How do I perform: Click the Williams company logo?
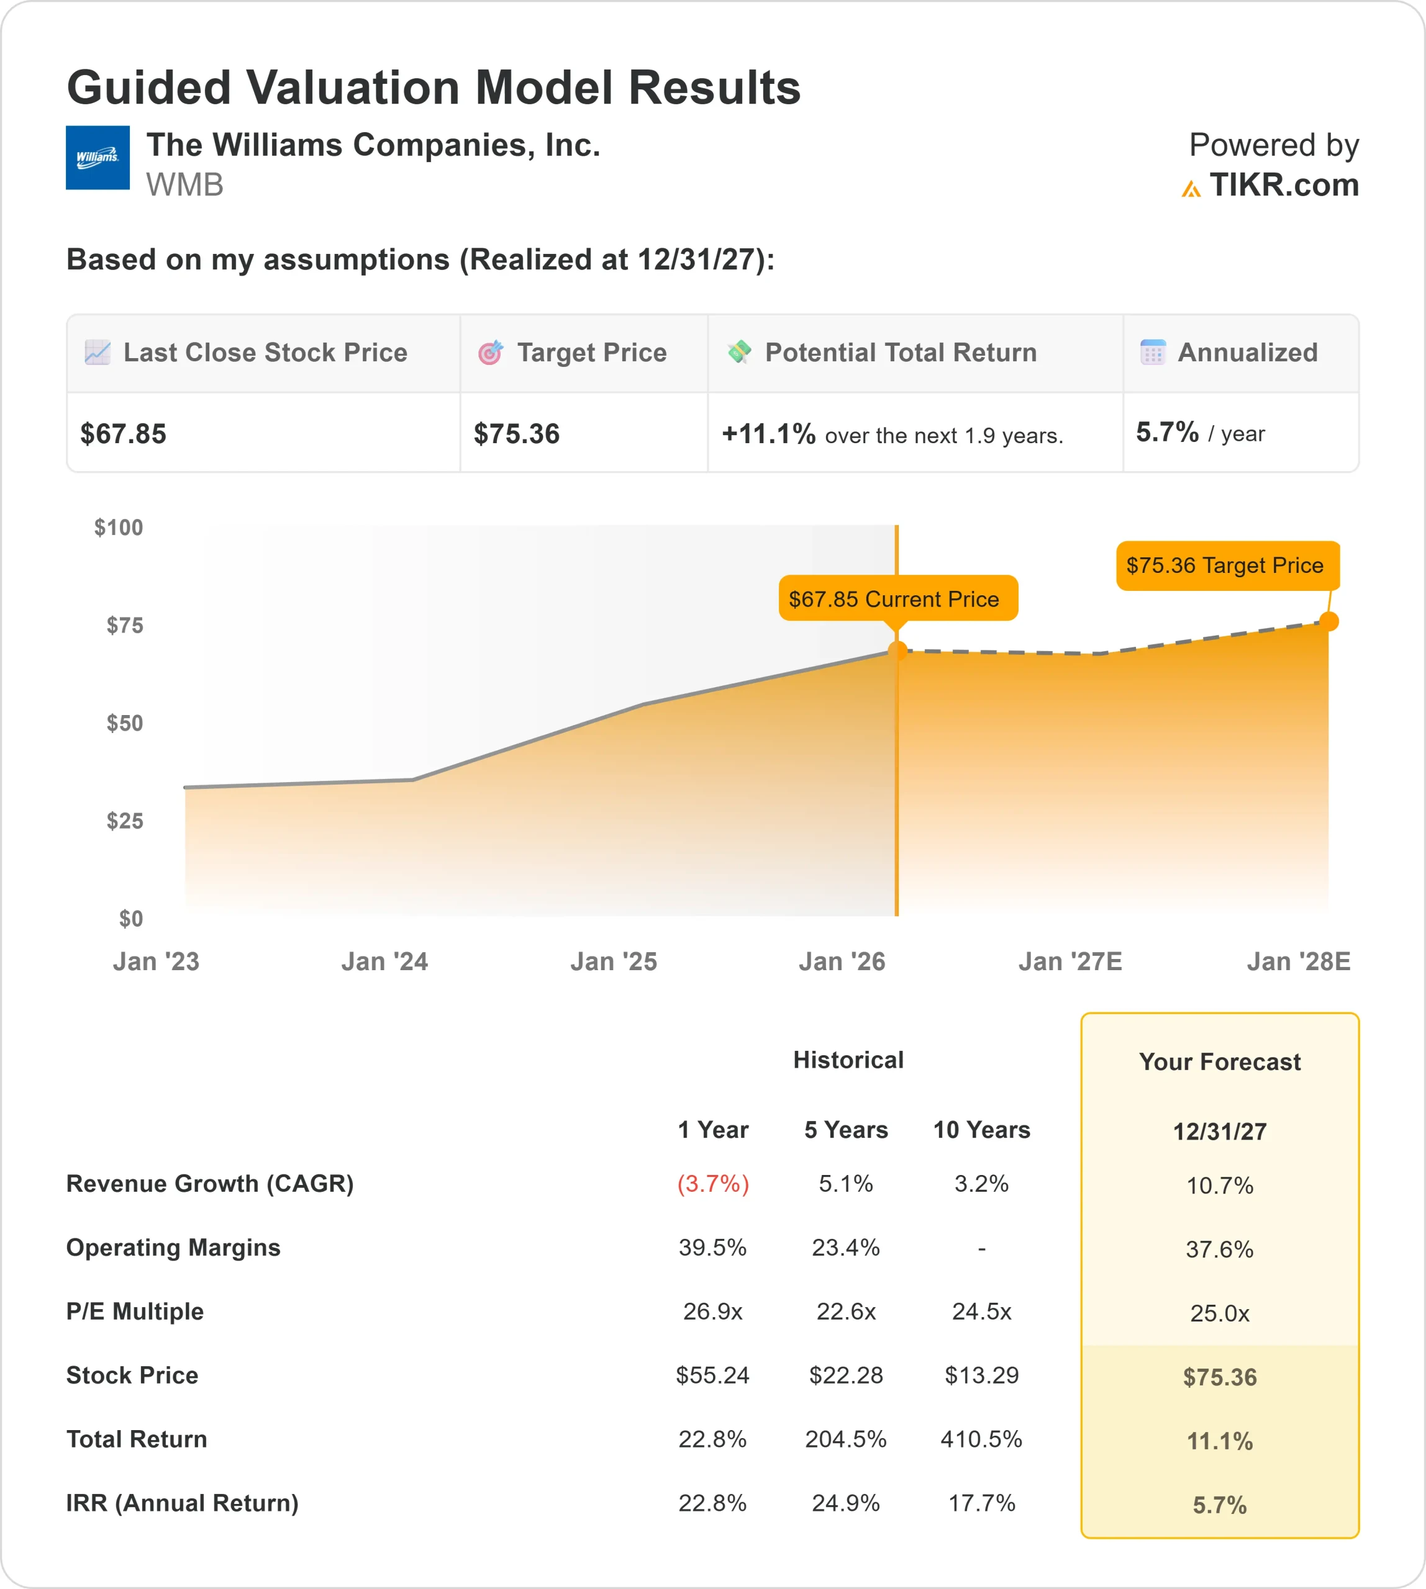(x=97, y=158)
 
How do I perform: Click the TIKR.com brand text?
(x=1283, y=186)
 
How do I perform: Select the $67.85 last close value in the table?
(x=123, y=434)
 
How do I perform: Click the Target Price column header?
(x=591, y=353)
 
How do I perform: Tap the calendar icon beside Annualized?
(x=1153, y=353)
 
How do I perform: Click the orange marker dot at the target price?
(x=1329, y=621)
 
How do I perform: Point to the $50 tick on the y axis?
(x=125, y=723)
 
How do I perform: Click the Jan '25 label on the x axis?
(x=614, y=961)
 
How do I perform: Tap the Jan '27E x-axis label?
(x=1069, y=961)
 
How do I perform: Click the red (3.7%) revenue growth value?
(x=712, y=1183)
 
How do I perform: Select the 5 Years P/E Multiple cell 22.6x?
(x=845, y=1311)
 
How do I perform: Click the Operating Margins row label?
(x=173, y=1248)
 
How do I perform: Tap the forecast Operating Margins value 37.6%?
(x=1219, y=1249)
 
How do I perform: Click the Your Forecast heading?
(x=1219, y=1062)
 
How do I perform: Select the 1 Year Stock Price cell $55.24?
(x=712, y=1375)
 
